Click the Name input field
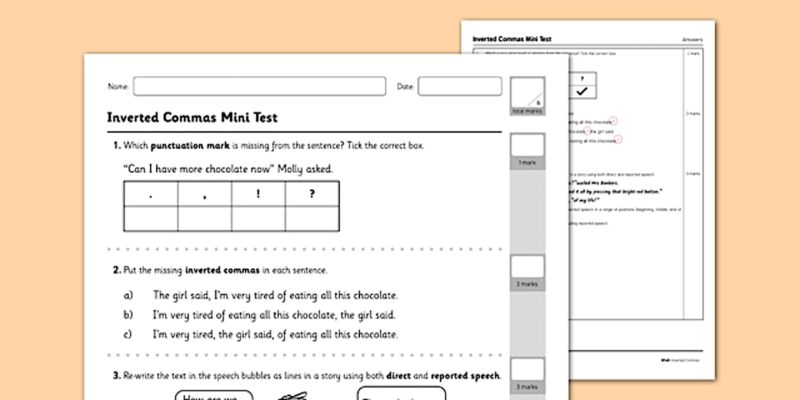259,86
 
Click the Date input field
460,86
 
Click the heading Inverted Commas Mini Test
192,117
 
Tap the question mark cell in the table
312,194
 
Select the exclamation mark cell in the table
258,194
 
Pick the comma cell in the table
204,194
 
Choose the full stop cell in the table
150,194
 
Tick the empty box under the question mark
312,218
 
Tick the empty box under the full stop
150,218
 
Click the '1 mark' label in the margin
527,163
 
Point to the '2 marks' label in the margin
527,284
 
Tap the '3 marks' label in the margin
527,386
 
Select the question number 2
117,270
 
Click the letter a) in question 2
128,295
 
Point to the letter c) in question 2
128,335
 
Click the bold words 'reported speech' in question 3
465,376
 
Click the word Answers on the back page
693,39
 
